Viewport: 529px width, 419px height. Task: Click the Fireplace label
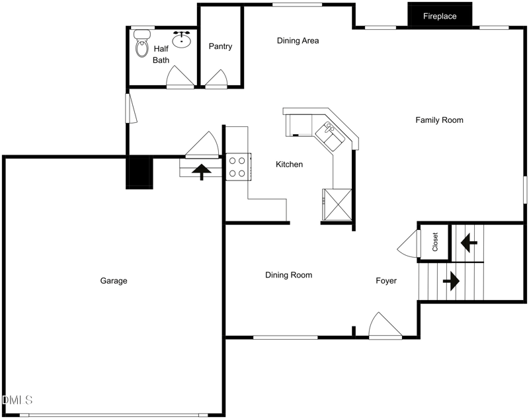point(440,16)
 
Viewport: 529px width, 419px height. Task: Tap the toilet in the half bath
point(141,46)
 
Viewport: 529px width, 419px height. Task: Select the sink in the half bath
point(181,40)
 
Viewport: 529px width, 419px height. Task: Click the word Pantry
point(220,46)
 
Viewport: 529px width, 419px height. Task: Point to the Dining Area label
point(298,41)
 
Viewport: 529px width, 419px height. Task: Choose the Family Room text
point(439,120)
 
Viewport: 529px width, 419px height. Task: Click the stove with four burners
point(237,167)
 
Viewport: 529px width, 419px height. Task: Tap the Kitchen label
point(289,165)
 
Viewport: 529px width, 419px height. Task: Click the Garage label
point(113,281)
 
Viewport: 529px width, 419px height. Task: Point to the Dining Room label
point(288,275)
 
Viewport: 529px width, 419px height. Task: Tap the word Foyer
point(386,281)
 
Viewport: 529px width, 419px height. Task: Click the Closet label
point(435,242)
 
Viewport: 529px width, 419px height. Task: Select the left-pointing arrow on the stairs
point(469,243)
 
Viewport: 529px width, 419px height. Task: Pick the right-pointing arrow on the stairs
point(451,280)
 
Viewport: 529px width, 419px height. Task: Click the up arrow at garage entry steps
point(202,172)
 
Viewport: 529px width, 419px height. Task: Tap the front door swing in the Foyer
point(384,326)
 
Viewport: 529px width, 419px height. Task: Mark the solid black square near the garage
point(140,172)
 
